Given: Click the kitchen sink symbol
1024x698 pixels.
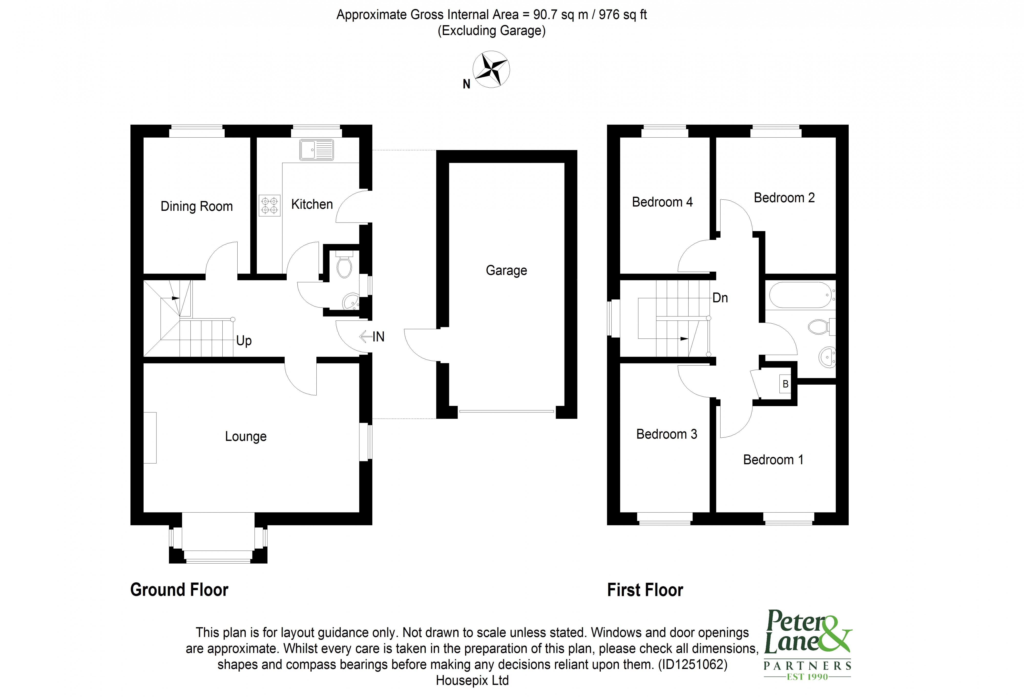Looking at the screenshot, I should (316, 150).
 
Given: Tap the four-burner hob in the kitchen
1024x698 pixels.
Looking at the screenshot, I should (269, 206).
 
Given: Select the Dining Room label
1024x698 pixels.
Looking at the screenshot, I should (197, 206).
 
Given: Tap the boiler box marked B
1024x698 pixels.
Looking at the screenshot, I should (785, 384).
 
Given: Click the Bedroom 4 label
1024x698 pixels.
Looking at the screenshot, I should (662, 202).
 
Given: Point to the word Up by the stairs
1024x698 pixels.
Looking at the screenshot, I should (244, 340).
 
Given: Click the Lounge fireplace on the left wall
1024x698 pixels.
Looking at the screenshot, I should (150, 437).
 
